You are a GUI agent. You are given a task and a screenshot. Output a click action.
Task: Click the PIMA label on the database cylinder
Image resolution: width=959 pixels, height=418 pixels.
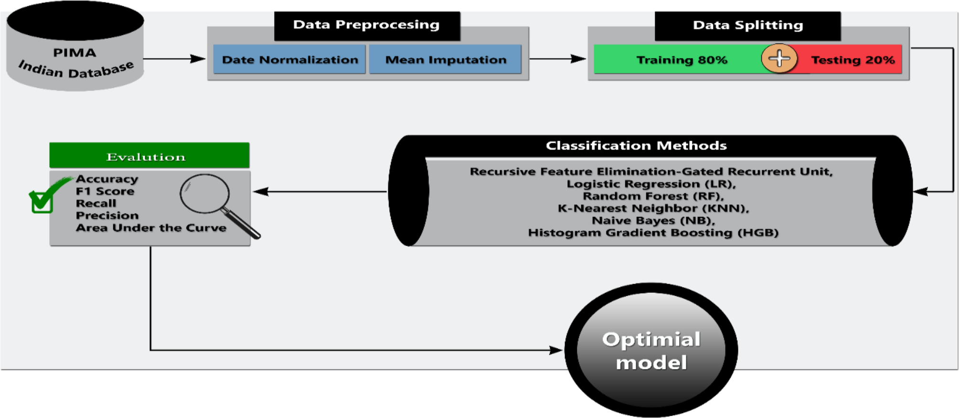(x=75, y=53)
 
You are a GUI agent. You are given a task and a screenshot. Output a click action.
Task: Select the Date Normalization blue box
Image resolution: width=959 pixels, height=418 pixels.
(x=289, y=60)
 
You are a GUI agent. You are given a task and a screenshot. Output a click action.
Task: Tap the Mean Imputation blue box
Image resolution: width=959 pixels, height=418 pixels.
(x=445, y=60)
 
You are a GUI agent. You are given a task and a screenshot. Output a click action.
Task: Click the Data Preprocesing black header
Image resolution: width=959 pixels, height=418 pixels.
(x=366, y=25)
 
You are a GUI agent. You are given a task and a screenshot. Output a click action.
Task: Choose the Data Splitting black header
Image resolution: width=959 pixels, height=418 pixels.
(x=747, y=25)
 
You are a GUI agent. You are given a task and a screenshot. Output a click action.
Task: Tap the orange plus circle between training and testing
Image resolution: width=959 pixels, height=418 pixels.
(x=779, y=59)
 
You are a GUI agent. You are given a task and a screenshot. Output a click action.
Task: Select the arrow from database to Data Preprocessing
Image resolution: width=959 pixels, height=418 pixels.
(x=174, y=59)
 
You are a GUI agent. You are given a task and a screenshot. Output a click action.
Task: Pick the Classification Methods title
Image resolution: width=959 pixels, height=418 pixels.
(x=636, y=146)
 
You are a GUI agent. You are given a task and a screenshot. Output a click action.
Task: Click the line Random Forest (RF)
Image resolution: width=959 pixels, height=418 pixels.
(x=653, y=196)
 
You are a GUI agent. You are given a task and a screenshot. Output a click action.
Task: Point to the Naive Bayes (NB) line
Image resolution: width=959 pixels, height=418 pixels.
(x=653, y=221)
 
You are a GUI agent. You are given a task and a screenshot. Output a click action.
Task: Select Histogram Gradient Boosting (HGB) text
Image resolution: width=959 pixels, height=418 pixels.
(x=653, y=233)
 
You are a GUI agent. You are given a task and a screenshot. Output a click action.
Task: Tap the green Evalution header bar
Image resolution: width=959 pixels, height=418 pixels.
(x=149, y=156)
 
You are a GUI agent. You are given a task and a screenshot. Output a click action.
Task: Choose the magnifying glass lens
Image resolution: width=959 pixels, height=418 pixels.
(x=204, y=193)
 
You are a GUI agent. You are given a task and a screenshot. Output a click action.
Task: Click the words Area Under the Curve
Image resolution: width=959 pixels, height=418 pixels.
(x=151, y=228)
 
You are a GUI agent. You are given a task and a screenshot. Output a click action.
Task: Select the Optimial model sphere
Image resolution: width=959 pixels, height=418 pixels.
(x=651, y=350)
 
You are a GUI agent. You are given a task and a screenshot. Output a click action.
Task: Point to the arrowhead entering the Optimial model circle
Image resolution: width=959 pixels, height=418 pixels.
(x=556, y=350)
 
